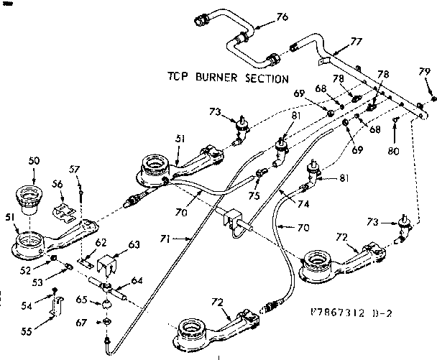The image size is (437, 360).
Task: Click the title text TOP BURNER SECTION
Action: (228, 78)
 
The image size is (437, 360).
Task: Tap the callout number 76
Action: (282, 17)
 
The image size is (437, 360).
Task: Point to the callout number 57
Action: (73, 170)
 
